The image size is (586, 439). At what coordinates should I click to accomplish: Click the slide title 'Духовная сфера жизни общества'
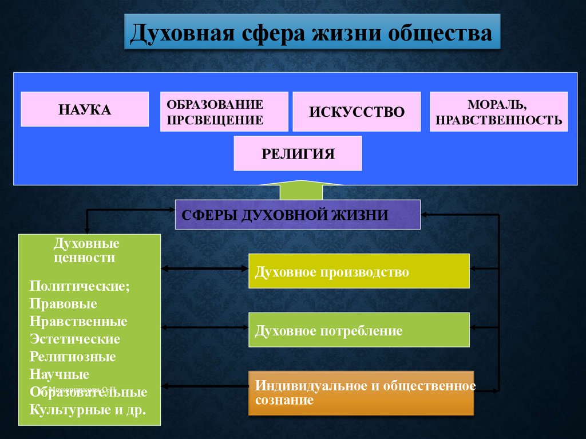click(311, 33)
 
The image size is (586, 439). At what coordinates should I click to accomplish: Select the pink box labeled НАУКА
click(85, 109)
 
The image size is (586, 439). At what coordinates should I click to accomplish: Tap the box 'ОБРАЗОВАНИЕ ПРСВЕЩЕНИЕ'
click(223, 112)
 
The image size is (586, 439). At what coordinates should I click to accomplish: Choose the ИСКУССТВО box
click(357, 112)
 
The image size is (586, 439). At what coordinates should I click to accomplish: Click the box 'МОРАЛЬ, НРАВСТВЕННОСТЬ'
click(498, 112)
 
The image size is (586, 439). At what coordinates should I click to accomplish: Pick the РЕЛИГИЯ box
click(298, 153)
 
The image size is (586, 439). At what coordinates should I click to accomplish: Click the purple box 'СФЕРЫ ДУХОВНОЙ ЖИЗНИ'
click(298, 215)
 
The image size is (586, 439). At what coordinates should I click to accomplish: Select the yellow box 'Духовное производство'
click(359, 271)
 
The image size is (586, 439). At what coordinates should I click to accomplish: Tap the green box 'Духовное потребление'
click(359, 330)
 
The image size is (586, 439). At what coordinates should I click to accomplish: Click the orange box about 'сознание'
click(361, 393)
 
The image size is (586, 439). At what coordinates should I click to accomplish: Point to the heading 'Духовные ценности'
click(86, 251)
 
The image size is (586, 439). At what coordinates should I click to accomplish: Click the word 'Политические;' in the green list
click(80, 286)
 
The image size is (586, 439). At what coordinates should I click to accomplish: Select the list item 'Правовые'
click(64, 303)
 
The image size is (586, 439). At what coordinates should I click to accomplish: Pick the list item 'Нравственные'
click(78, 321)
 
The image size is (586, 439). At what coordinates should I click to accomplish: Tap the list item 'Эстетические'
click(75, 339)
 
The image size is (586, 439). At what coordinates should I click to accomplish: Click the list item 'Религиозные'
click(73, 357)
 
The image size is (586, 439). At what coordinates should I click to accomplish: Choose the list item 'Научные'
click(60, 374)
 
